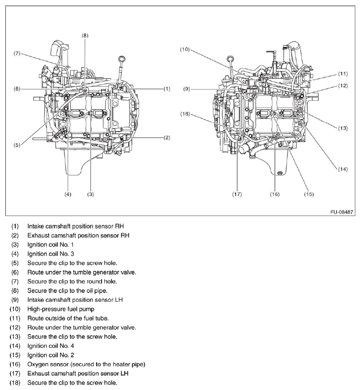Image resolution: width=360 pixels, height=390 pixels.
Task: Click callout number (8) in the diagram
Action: (85, 35)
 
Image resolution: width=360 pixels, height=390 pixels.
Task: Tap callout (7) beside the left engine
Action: (17, 53)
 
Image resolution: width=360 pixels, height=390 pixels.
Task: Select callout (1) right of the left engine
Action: (166, 89)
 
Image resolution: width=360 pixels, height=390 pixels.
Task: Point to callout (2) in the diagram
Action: (166, 137)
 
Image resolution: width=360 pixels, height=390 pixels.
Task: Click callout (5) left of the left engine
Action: (17, 145)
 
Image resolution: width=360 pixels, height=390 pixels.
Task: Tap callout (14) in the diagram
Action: (343, 169)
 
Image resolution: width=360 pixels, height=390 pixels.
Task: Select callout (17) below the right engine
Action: (237, 194)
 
